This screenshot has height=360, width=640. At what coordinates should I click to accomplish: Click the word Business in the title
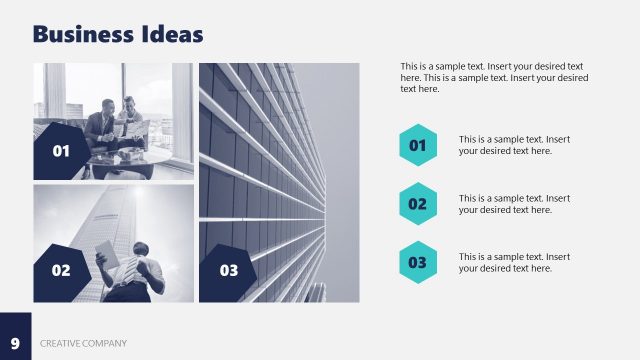click(x=84, y=35)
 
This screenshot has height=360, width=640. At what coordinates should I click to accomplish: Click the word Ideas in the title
click(x=172, y=35)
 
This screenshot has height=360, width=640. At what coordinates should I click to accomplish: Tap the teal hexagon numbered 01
click(x=418, y=145)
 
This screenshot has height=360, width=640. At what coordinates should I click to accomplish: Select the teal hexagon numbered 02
click(x=418, y=204)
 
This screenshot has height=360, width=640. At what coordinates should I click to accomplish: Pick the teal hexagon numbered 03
click(x=418, y=263)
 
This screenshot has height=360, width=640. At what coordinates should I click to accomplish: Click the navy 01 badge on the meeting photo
click(x=60, y=152)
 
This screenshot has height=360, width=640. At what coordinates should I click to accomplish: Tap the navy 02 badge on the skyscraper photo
click(x=60, y=270)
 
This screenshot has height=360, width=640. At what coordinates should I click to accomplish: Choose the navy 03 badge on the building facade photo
click(x=229, y=270)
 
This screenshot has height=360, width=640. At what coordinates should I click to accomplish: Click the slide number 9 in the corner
click(x=15, y=343)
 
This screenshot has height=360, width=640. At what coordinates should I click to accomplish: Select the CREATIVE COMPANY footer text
click(x=84, y=344)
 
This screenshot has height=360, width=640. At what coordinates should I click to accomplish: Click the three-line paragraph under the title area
click(x=494, y=77)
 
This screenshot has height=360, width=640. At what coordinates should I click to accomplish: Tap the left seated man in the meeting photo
click(x=100, y=128)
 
